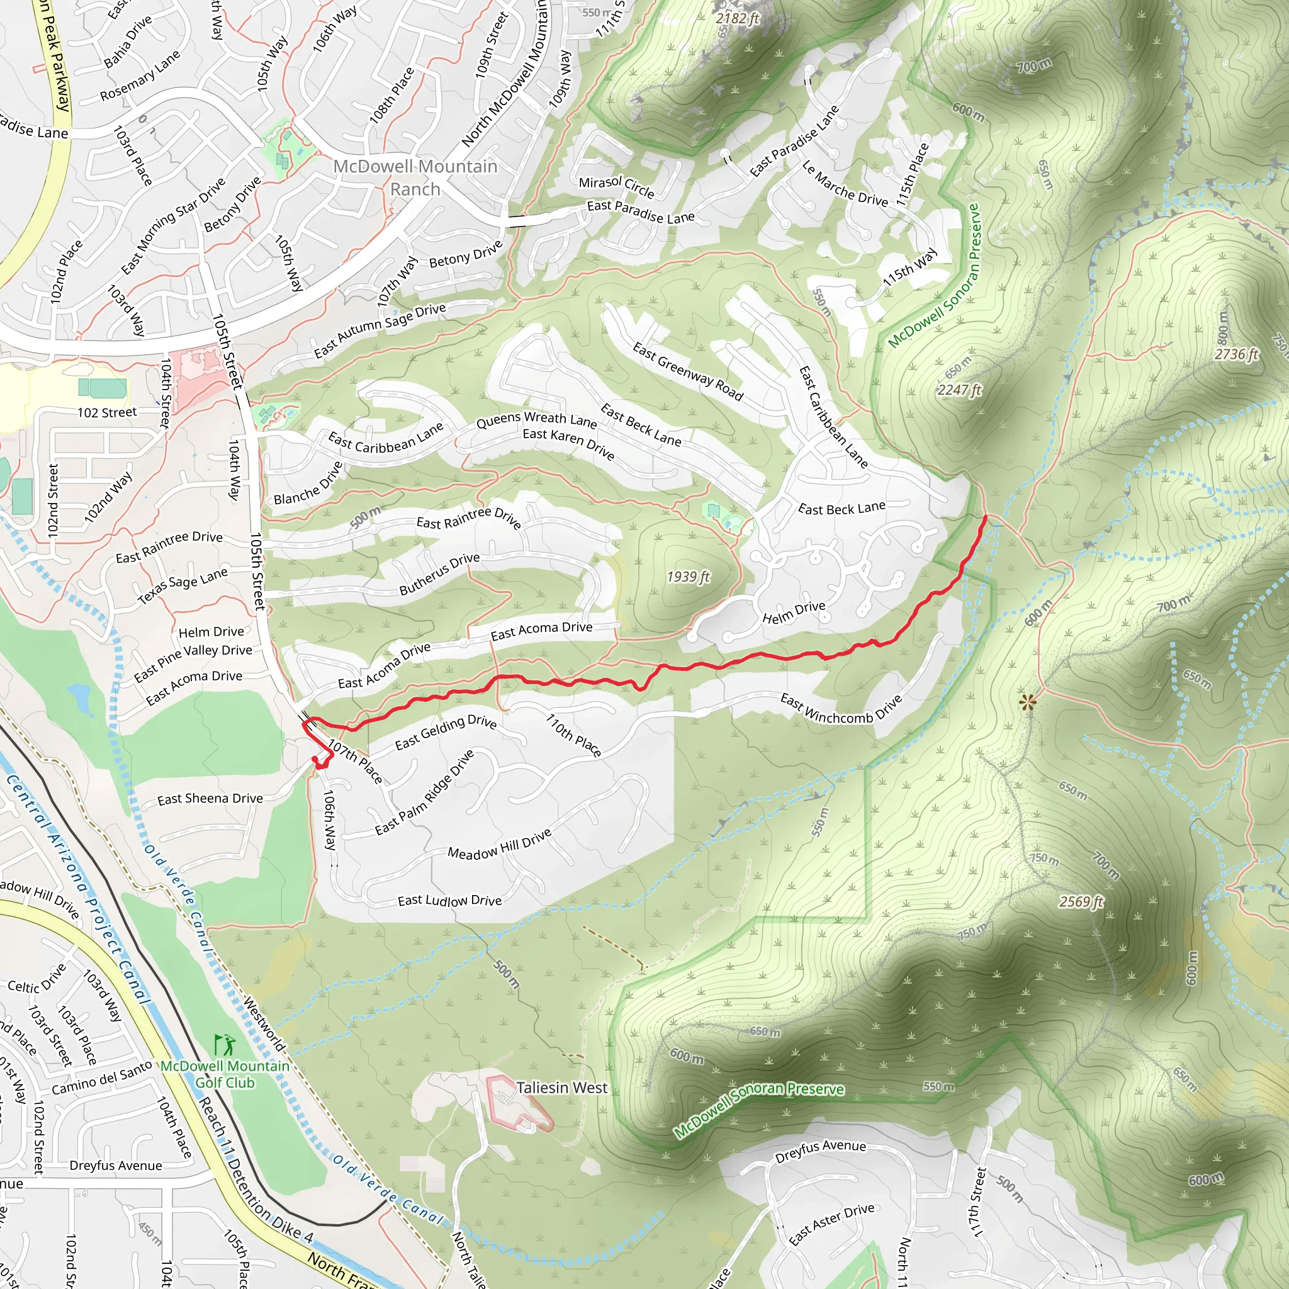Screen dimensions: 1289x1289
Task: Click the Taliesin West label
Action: pos(562,1088)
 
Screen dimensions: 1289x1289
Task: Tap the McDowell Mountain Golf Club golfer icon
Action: pos(225,1044)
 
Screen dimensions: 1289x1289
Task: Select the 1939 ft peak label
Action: pos(688,577)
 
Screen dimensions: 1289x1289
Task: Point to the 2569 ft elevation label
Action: pos(1081,902)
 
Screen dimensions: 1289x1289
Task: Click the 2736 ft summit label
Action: pos(1236,354)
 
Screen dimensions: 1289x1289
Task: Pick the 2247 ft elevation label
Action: pos(959,390)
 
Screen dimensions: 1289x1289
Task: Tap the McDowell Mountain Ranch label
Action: pos(415,177)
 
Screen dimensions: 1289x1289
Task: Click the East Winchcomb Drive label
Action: pos(842,708)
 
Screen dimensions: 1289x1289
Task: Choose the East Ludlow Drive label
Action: pos(449,901)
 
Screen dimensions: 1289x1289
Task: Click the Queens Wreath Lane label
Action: pos(536,420)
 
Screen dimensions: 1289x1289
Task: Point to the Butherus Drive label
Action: pos(439,574)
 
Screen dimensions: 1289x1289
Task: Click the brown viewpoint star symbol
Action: pos(1027,701)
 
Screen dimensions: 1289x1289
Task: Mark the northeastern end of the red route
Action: pos(986,516)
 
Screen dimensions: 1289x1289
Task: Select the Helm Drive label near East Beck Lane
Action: pos(793,612)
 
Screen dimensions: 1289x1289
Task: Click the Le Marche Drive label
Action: pos(845,184)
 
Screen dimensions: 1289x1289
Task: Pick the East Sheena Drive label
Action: pos(210,799)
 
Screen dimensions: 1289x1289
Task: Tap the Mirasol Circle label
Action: pos(616,186)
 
